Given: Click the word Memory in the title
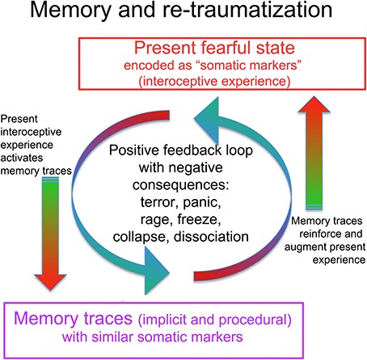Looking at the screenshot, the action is (x=70, y=11).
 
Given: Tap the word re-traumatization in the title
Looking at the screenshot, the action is (x=247, y=10).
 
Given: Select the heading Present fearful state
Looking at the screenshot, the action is (x=214, y=48).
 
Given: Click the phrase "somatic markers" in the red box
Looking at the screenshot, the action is (x=251, y=65).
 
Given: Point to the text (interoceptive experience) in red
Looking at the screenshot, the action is (x=214, y=81).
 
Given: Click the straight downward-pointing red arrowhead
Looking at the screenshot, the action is (x=50, y=282).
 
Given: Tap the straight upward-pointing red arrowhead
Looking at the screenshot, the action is (x=314, y=104).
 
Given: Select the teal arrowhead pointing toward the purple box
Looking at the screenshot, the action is (x=157, y=271).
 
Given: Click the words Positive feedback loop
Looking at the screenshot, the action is (x=181, y=150).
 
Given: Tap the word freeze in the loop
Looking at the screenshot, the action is (x=199, y=219).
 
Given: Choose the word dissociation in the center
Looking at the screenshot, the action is (x=211, y=237).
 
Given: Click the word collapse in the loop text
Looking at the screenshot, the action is (x=141, y=237).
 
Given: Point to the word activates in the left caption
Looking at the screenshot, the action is (x=22, y=158).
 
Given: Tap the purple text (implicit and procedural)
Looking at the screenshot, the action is (x=215, y=320).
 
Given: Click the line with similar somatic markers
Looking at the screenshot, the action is (x=153, y=337).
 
